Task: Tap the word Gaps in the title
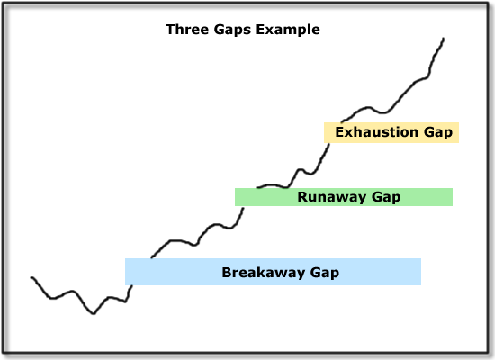(232, 31)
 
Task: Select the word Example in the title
(288, 31)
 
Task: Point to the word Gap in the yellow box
(438, 133)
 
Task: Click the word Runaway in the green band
(332, 198)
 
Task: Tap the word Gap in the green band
(386, 198)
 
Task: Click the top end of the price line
(444, 39)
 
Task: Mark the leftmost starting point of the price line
(31, 277)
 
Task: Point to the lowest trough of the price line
(94, 313)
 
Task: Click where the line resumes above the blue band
(152, 257)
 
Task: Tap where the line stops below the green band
(243, 208)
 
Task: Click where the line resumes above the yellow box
(342, 121)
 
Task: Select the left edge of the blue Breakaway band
(125, 272)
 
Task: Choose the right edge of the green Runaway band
(453, 197)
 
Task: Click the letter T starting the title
(170, 30)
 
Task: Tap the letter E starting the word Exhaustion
(339, 132)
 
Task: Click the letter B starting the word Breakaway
(227, 273)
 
